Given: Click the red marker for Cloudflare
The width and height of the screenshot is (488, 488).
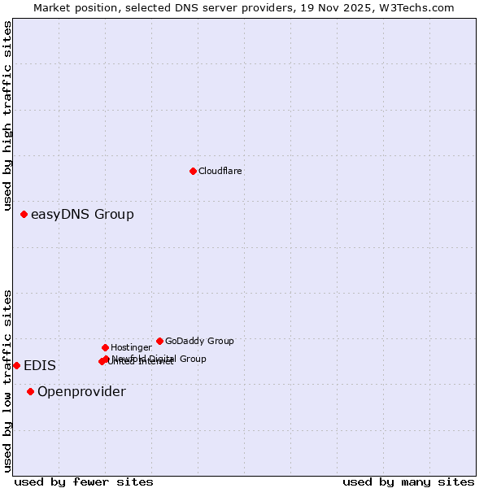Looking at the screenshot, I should pos(193,171).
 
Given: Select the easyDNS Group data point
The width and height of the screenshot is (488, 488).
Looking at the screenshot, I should pos(24,215).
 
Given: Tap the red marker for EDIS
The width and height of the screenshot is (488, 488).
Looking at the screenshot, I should pos(16,366).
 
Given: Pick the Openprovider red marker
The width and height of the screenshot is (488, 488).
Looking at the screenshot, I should pos(30,392).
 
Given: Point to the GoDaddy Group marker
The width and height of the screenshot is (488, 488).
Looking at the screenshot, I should pos(159,342).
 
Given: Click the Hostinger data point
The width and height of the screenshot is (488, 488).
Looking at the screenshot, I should pos(105,348).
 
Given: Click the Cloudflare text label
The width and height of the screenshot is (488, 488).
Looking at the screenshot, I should pos(220,172).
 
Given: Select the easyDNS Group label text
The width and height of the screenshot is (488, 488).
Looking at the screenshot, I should pos(82,215).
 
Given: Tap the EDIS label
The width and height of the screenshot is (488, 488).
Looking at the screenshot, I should pos(40,366).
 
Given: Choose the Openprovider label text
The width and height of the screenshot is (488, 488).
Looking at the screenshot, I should pos(81,392).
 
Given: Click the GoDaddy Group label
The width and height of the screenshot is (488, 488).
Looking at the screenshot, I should pos(199,342).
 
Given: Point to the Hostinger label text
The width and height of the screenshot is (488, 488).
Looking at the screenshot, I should pos(131,348).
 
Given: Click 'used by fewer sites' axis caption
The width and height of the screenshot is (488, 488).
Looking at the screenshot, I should pos(84,482).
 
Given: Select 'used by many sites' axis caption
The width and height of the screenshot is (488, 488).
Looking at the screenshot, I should pos(408,482).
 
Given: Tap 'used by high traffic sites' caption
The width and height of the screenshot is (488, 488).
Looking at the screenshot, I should pos(7,115).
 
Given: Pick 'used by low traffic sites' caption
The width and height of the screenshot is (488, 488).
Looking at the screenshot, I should pos(7,381).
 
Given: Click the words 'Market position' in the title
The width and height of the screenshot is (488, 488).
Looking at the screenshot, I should pos(71,7).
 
